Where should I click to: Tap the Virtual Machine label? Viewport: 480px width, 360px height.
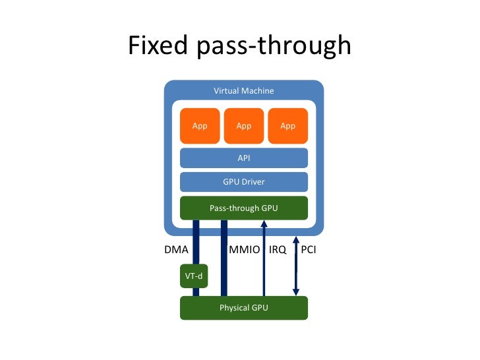243,90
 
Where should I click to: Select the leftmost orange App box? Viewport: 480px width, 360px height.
199,126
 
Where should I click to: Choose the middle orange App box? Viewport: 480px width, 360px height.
243,126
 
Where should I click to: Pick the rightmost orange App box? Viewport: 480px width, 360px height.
287,126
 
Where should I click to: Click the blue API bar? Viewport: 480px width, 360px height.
243,158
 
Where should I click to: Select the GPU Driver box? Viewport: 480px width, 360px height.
243,182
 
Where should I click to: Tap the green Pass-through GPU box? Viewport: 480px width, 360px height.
243,208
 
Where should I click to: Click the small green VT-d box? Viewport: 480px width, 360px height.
194,276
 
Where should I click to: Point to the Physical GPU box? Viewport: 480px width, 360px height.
243,307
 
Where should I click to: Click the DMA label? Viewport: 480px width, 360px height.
176,251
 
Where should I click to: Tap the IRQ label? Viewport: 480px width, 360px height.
278,251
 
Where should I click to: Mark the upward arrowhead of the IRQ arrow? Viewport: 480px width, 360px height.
264,225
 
